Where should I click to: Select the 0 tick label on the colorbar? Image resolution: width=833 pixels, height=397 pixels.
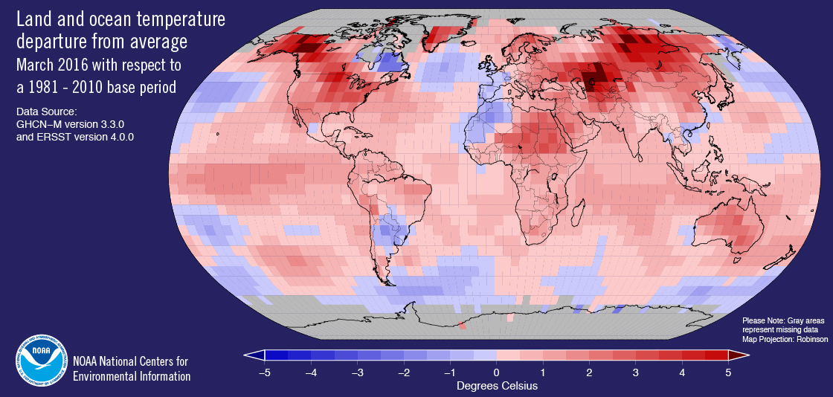497,372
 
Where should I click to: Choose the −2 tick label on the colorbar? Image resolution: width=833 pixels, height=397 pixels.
402,372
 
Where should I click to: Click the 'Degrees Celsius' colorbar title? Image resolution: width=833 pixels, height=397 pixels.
497,386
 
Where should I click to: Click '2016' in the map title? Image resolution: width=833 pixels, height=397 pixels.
78,65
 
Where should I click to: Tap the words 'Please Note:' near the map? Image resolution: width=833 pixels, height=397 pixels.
762,320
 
